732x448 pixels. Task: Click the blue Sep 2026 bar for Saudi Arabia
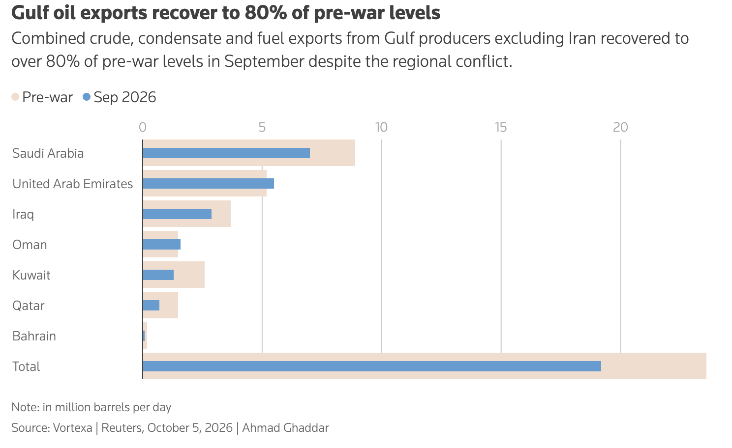click(226, 153)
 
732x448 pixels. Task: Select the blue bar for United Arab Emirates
click(208, 183)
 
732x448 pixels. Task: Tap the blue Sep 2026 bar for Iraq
click(177, 214)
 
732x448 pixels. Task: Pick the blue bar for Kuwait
click(158, 275)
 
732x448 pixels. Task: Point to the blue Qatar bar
click(151, 305)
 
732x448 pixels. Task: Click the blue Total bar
click(372, 366)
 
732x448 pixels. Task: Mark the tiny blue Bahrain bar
click(144, 336)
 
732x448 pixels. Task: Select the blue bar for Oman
click(161, 245)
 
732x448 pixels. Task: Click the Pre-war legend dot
click(15, 97)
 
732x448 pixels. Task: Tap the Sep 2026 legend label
click(125, 97)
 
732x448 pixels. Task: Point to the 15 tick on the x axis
click(501, 127)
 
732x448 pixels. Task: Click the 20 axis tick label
click(620, 127)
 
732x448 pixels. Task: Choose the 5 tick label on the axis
click(262, 127)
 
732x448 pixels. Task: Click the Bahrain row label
click(34, 336)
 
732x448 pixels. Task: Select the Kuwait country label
click(31, 275)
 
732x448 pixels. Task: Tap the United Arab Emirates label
click(72, 184)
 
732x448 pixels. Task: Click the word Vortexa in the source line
click(72, 427)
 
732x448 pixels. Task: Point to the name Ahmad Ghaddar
click(285, 427)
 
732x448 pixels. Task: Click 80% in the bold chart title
click(265, 13)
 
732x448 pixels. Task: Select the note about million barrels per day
click(91, 407)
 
